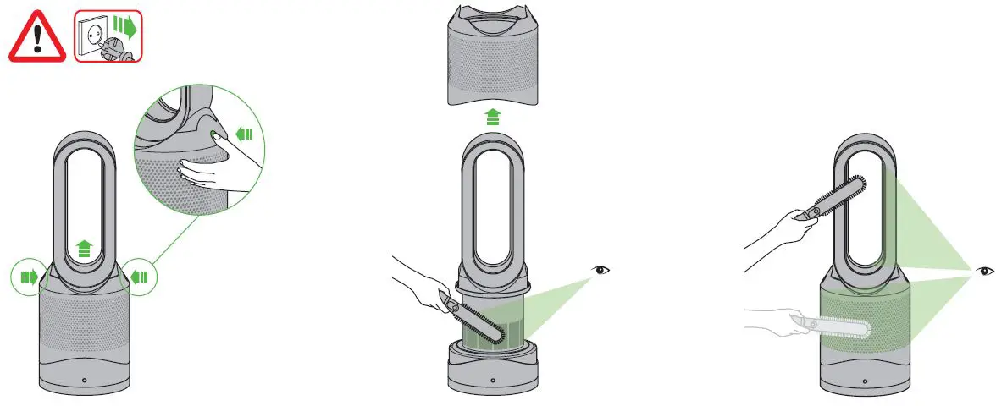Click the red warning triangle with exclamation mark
tap(36, 37)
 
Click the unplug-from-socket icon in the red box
tap(108, 36)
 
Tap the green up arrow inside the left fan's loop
tap(84, 248)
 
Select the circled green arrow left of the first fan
tap(28, 276)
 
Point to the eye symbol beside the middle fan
tap(601, 271)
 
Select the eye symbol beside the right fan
tap(985, 271)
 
